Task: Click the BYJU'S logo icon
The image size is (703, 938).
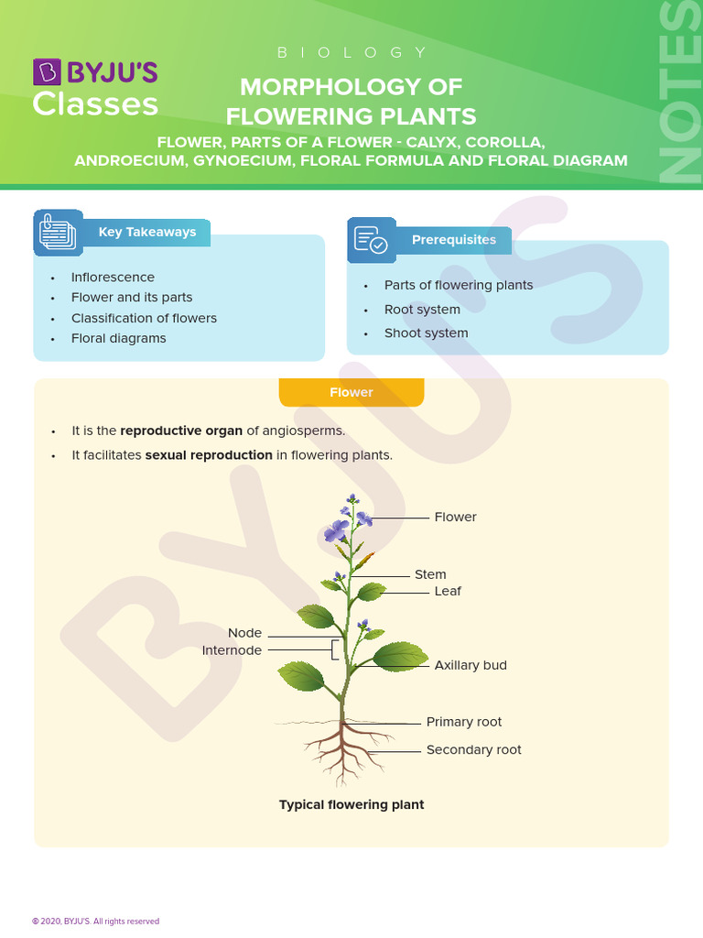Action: tap(48, 71)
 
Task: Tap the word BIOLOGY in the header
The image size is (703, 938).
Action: tap(351, 53)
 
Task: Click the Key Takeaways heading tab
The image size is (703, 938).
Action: tap(146, 232)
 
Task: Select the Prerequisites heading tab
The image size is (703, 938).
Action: tap(453, 240)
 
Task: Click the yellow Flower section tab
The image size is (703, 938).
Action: tap(351, 392)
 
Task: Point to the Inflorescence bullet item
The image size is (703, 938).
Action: tap(113, 277)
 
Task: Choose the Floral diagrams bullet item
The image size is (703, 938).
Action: tap(119, 338)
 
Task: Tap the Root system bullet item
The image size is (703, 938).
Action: tap(422, 310)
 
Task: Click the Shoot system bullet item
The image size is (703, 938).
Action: tap(426, 333)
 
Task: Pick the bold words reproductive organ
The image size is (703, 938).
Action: tap(181, 431)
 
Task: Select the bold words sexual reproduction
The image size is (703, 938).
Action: tap(209, 454)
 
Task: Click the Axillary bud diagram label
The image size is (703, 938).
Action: tap(470, 665)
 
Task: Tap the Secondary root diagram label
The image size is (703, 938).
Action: tap(473, 749)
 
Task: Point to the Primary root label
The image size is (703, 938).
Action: tap(464, 722)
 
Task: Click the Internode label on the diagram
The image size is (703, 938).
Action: tap(232, 650)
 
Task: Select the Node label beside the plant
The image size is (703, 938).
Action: tap(244, 633)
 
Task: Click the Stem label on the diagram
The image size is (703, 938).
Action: tap(430, 574)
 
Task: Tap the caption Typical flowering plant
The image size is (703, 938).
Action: tap(351, 804)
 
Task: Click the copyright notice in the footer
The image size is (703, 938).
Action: tap(95, 921)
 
